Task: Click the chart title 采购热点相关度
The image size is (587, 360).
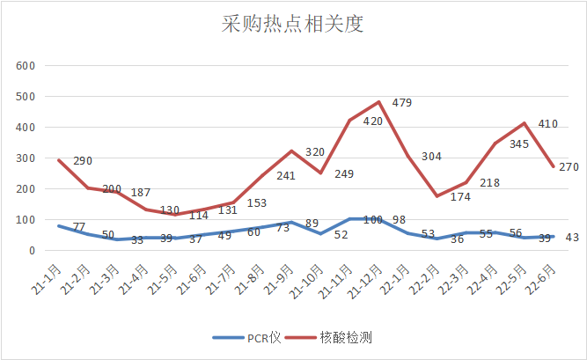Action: click(293, 24)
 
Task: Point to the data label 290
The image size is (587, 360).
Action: click(83, 161)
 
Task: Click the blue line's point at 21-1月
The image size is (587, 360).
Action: click(57, 226)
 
